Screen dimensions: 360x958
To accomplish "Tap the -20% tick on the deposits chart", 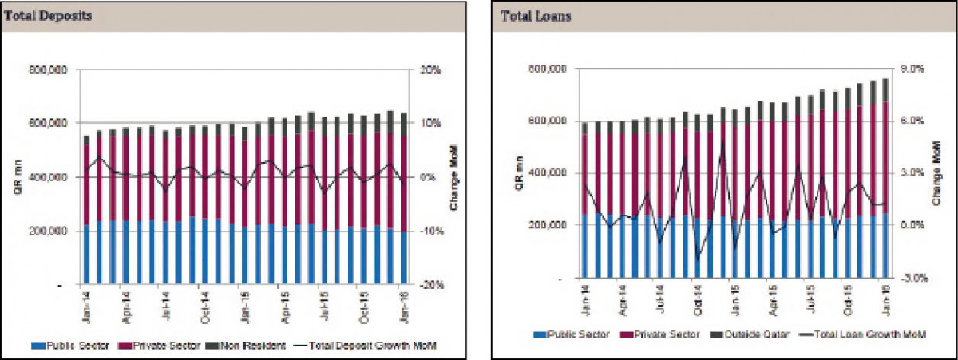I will click(430, 284).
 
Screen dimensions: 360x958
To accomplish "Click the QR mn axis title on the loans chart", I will click(520, 173).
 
